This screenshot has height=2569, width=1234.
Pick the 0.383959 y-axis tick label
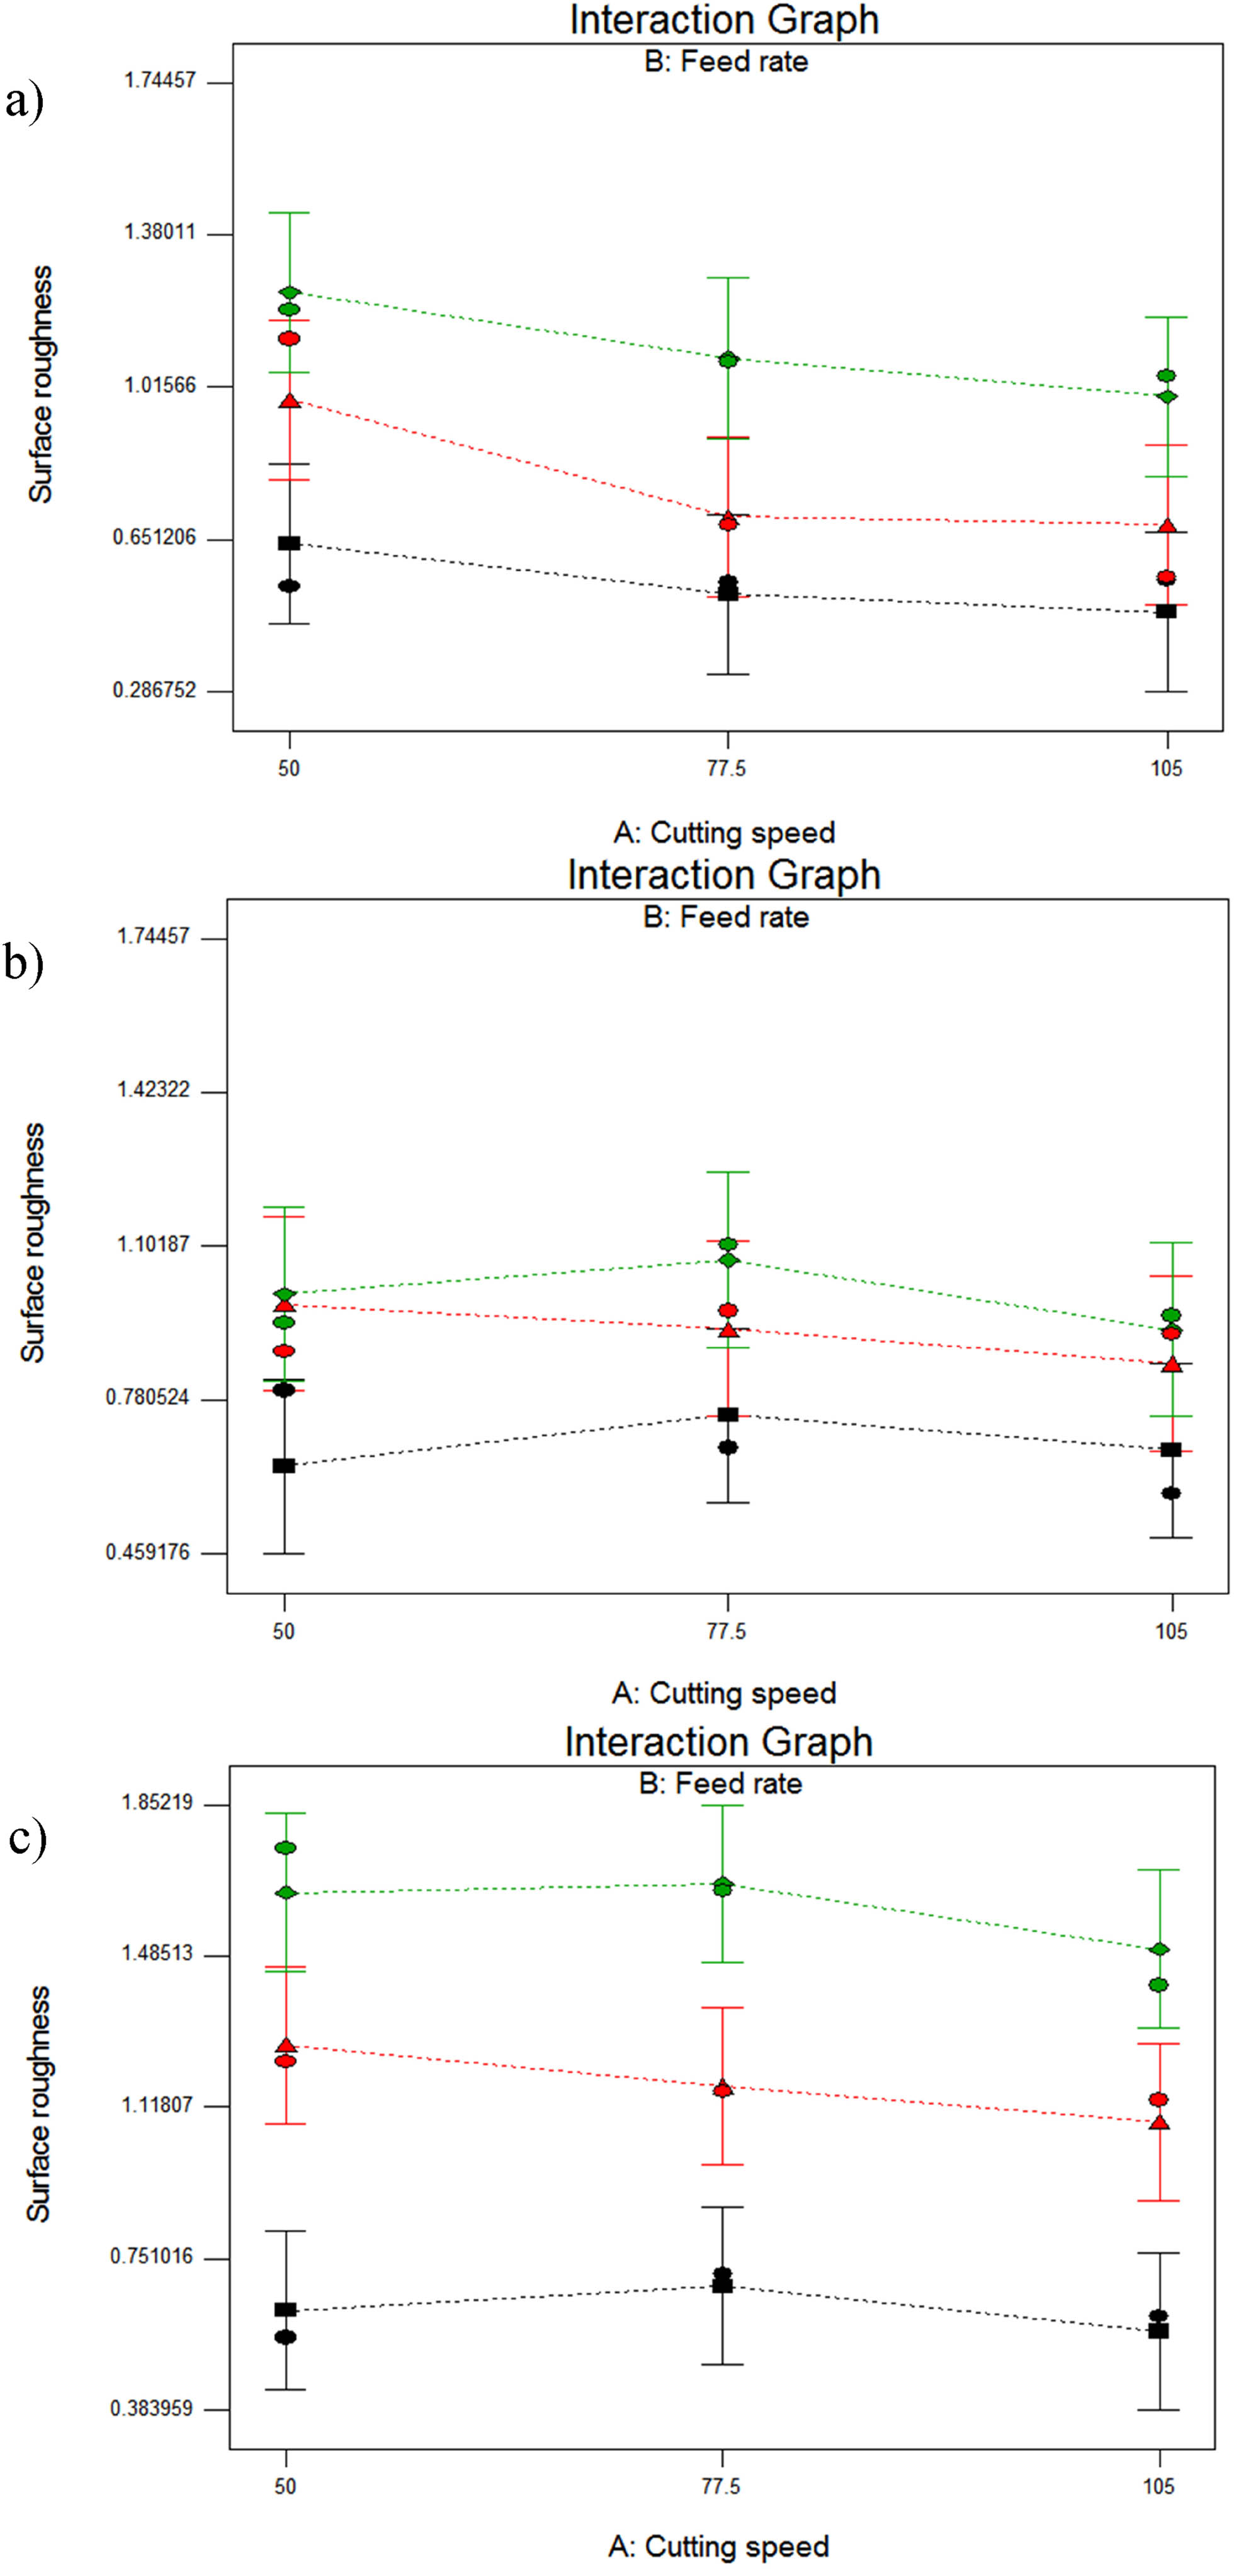(152, 2408)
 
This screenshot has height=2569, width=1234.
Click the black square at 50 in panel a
(289, 543)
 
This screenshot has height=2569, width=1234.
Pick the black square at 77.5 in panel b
(728, 1414)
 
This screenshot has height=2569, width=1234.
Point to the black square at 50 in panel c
(285, 2310)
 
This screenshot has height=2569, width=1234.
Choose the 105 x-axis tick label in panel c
(1158, 2487)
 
